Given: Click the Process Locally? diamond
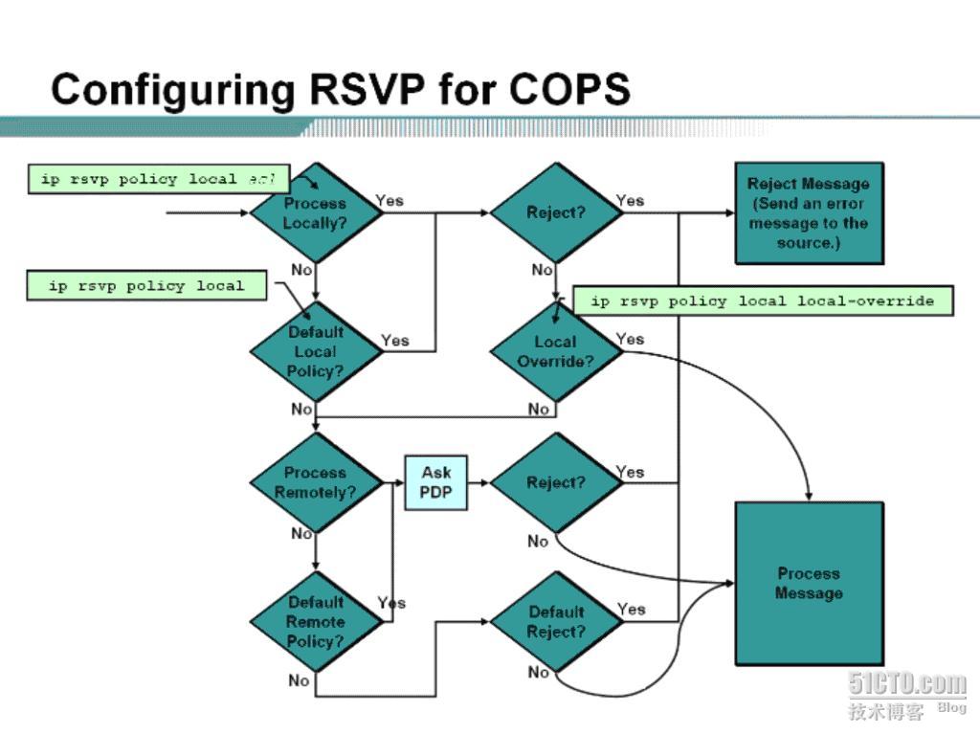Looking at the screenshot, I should [315, 212].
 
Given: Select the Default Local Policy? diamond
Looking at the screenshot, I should [315, 351].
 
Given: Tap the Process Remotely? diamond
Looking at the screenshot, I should [315, 482].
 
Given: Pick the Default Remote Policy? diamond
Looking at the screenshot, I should [315, 622].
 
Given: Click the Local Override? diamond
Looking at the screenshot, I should [555, 351].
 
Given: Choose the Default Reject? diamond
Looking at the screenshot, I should [555, 622].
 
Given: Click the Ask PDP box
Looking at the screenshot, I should [435, 482].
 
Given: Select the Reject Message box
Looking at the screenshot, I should [809, 212].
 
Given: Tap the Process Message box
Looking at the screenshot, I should [809, 583].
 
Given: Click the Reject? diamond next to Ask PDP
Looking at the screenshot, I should [555, 482].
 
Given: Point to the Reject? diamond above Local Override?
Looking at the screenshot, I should [555, 212].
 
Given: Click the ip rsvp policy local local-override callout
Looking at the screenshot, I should [762, 300].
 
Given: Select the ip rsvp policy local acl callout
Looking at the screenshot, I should [158, 179].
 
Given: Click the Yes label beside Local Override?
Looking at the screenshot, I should [631, 339].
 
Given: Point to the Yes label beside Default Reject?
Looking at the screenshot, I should [632, 609].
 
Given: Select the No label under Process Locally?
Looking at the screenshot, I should [301, 270].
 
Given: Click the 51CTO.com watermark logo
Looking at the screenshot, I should [906, 683].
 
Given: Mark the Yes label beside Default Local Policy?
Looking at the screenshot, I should [395, 341].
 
